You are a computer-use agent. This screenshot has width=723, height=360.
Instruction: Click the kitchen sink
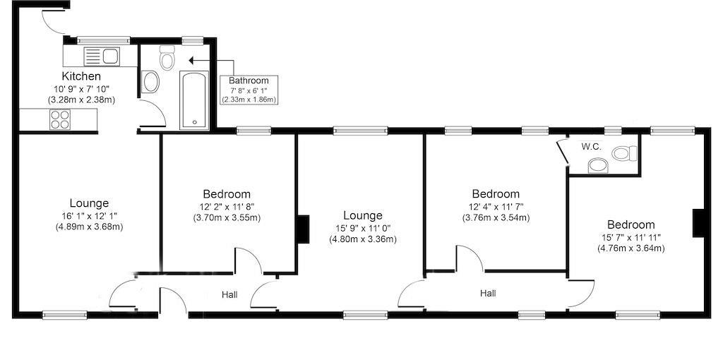tap(102, 56)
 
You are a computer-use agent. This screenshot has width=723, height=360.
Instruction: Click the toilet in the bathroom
tap(167, 59)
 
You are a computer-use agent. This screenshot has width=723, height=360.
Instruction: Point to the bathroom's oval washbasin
tap(151, 83)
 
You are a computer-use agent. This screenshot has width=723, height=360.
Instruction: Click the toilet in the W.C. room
tap(624, 152)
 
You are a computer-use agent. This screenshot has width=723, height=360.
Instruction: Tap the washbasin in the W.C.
tap(598, 165)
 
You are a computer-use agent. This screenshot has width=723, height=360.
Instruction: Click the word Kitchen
tap(81, 76)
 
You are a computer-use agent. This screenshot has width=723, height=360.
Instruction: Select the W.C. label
tap(591, 147)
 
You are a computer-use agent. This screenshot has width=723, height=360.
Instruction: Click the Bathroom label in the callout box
tap(249, 80)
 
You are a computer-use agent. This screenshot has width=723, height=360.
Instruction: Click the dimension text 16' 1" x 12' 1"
tap(89, 216)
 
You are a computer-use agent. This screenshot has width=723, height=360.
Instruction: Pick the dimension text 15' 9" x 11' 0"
tap(363, 228)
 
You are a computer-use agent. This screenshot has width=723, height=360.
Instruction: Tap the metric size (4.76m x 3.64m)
tap(631, 248)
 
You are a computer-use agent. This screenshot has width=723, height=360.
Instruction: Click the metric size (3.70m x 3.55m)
tap(227, 217)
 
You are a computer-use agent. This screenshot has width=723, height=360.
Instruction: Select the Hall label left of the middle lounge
tap(229, 294)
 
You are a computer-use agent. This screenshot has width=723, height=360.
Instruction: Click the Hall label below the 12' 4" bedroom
tap(488, 293)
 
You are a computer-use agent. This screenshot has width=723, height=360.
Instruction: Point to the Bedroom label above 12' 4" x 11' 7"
tap(496, 193)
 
